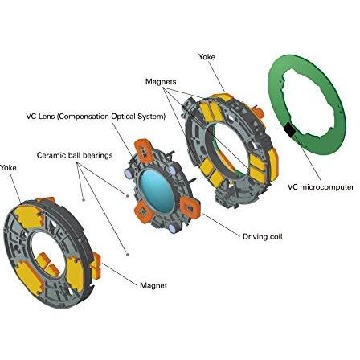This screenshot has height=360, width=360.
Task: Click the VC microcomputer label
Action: click(x=321, y=186)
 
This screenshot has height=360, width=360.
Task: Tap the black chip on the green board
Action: click(x=289, y=129)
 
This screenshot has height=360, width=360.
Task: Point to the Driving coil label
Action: click(x=262, y=236)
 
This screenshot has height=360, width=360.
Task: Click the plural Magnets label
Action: click(x=161, y=81)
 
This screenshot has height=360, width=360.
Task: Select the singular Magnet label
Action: click(x=153, y=285)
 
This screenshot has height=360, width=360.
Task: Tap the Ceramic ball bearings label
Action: click(x=75, y=155)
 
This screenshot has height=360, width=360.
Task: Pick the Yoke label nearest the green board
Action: click(x=207, y=57)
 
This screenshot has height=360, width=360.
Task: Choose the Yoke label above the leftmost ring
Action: click(x=8, y=168)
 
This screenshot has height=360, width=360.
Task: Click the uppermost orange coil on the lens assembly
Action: click(x=144, y=150)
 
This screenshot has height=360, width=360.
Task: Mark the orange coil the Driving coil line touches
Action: click(x=190, y=207)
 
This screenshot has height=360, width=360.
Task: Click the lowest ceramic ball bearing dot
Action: click(x=128, y=255)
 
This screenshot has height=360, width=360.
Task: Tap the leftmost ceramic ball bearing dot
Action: click(x=84, y=199)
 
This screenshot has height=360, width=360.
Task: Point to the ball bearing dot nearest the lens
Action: click(x=128, y=196)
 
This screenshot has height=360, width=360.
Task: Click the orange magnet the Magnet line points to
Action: click(x=96, y=264)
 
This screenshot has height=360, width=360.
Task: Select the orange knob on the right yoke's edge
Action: click(x=259, y=112)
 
